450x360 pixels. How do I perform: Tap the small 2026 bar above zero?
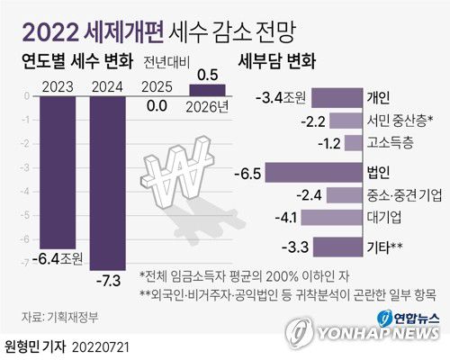coord(207,88)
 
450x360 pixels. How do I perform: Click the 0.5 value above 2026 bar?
coord(207,74)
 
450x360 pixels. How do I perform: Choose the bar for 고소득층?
coord(355,143)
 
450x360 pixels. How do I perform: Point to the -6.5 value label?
coord(247,170)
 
